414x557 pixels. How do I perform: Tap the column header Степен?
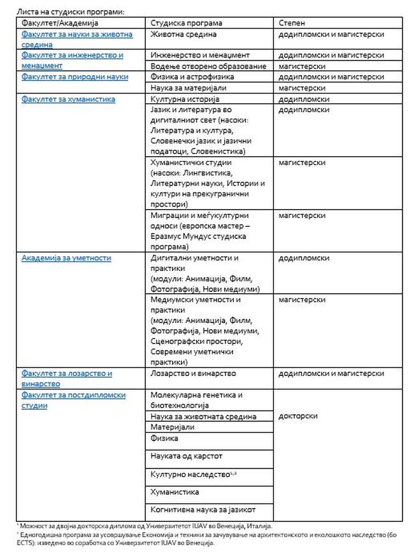pyautogui.click(x=292, y=23)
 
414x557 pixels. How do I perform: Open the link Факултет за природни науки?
pyautogui.click(x=75, y=77)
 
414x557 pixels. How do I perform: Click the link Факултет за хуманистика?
pyautogui.click(x=68, y=99)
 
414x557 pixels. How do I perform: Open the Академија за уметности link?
pyautogui.click(x=66, y=258)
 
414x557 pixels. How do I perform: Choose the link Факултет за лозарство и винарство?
pyautogui.click(x=66, y=379)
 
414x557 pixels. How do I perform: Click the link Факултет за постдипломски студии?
pyautogui.click(x=73, y=400)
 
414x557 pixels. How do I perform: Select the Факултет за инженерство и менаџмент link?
pyautogui.click(x=72, y=60)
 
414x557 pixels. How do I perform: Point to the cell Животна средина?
pyautogui.click(x=183, y=34)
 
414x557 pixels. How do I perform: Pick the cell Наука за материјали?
pyautogui.click(x=189, y=88)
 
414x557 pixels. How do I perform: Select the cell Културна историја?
pyautogui.click(x=185, y=99)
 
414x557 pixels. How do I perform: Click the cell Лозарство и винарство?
pyautogui.click(x=194, y=373)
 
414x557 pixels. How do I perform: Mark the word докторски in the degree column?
pyautogui.click(x=299, y=416)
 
